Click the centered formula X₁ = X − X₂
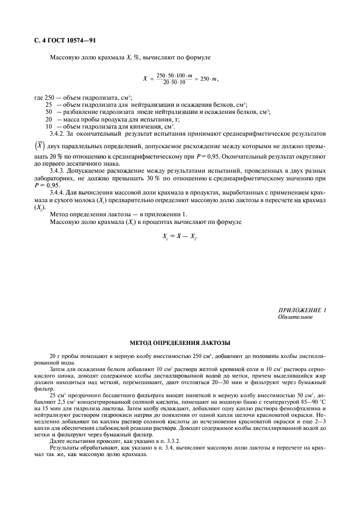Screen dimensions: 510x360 180,237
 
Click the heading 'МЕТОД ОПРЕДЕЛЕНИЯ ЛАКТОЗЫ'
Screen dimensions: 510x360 180,343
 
